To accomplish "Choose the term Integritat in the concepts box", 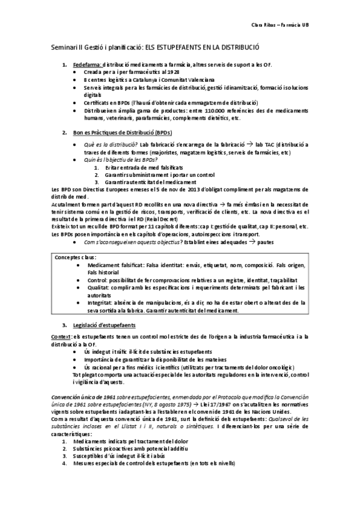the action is pyautogui.click(x=100, y=303).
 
